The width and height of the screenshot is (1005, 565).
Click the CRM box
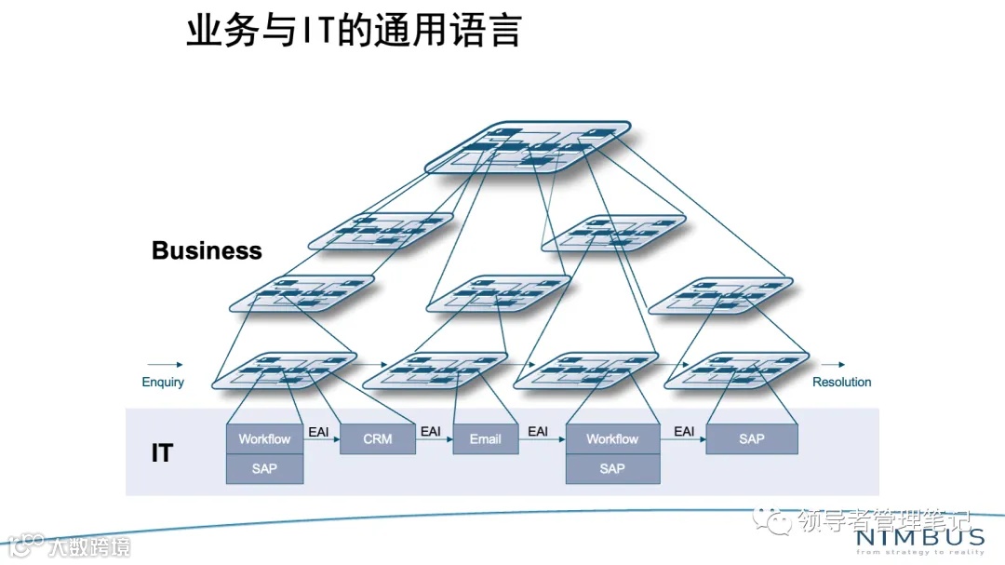tap(378, 438)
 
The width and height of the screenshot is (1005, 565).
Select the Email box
tap(485, 438)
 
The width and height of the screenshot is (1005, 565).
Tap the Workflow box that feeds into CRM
tap(264, 438)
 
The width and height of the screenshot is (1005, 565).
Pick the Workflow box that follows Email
tap(612, 438)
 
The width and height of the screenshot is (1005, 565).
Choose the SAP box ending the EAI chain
tap(752, 438)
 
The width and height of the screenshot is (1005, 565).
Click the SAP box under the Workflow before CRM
tap(264, 468)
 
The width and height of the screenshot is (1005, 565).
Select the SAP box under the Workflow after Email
tap(612, 468)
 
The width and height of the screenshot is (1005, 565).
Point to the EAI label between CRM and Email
tap(431, 431)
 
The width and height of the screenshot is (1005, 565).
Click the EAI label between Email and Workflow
tap(538, 431)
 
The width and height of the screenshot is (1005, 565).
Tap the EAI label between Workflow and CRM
tap(318, 431)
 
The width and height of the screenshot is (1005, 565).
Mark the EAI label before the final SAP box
tap(684, 431)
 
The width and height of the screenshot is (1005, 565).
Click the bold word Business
tap(207, 250)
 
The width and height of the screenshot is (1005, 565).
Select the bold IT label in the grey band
tap(162, 453)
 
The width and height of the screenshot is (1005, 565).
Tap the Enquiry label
tap(163, 382)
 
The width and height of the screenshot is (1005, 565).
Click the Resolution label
tap(841, 382)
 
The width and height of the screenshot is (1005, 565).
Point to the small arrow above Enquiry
tap(165, 365)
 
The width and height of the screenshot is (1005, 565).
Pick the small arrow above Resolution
tap(834, 365)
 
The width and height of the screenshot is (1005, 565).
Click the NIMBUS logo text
tap(918, 537)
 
